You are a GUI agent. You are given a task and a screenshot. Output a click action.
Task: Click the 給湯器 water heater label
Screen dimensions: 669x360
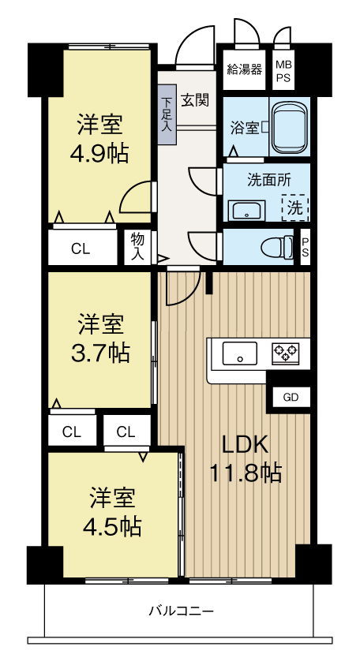tap(244, 68)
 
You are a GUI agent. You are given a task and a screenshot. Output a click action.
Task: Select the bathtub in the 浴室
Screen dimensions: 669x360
tap(289, 126)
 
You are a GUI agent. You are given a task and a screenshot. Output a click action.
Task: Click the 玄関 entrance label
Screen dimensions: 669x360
tap(194, 99)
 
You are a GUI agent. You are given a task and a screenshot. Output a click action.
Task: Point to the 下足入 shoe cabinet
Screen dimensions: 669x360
tap(167, 115)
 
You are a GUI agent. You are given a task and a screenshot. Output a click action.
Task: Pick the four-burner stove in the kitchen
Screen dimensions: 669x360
tap(284, 354)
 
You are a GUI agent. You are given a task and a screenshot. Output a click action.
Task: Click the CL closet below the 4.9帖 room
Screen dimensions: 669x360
tap(81, 249)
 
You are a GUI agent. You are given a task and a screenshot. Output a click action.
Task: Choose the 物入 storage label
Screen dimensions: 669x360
tap(137, 247)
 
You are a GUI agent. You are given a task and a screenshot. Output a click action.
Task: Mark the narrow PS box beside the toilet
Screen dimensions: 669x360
tap(306, 246)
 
